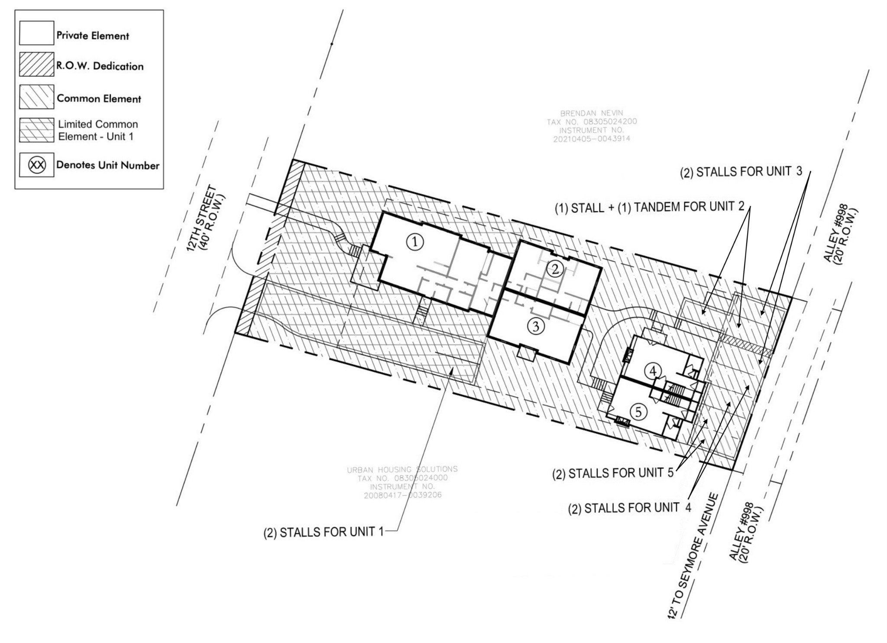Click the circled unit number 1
415,243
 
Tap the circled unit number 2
555,270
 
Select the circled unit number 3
536,326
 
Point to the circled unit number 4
653,371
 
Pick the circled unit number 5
638,412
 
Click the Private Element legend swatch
37,33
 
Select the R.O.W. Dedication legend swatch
37,65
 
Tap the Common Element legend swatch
37,97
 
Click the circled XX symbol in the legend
37,165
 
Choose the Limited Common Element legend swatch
37,130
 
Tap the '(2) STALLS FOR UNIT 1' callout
324,532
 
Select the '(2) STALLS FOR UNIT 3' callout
741,172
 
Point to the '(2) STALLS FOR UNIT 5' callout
613,473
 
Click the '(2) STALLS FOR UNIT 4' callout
630,508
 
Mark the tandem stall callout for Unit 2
650,207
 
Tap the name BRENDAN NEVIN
591,113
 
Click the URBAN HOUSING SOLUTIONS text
402,469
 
